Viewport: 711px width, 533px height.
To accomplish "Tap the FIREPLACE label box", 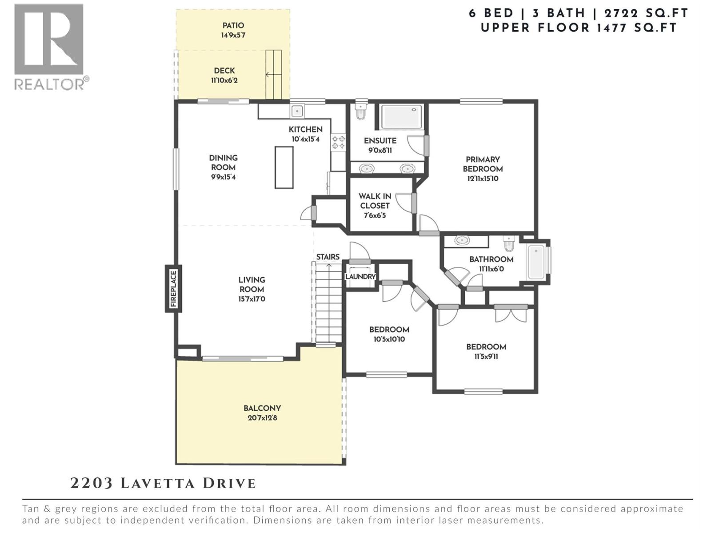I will point(173,289).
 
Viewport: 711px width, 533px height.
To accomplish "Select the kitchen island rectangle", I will point(284,167).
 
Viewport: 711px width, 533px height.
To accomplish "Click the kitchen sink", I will point(297,111).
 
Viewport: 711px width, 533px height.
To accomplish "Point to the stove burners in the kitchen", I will point(338,142).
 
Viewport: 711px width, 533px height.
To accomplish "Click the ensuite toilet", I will point(361,111).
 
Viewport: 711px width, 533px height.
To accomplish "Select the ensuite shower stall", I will point(402,116).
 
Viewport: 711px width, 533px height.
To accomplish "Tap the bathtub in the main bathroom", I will point(536,262).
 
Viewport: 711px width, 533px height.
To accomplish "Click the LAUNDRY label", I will point(360,276).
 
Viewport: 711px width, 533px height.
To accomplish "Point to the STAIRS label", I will point(328,257).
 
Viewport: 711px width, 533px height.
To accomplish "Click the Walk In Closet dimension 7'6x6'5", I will point(375,215).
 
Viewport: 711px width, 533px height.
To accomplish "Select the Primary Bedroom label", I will point(483,164).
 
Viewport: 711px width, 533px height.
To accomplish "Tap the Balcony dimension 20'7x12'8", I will point(262,418).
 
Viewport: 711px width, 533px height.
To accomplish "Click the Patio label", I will point(233,25).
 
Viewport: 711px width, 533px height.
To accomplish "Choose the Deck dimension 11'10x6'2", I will point(224,80).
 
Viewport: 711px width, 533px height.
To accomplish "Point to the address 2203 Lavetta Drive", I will point(163,483).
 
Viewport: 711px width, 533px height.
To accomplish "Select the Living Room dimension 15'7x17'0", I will point(252,299).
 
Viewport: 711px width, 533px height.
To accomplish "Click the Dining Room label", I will point(223,163).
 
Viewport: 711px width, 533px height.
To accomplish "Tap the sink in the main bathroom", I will point(462,240).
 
